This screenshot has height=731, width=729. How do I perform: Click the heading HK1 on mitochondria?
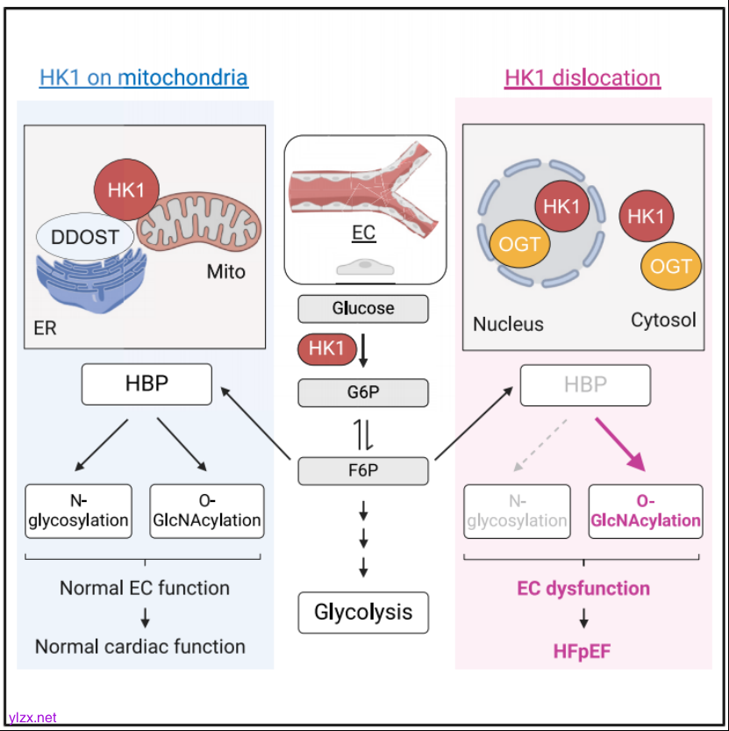(x=144, y=78)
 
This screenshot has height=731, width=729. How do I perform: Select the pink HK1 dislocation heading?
(x=582, y=78)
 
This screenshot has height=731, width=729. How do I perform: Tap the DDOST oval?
(x=84, y=237)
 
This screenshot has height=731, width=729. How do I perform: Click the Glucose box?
(x=363, y=309)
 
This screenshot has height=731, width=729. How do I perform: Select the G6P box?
(x=363, y=391)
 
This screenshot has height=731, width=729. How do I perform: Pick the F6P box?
(x=363, y=471)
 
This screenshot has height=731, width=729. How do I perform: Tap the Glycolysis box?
(x=363, y=612)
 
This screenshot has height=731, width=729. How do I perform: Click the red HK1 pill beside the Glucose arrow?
(x=327, y=349)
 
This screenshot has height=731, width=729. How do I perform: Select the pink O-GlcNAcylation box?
(x=646, y=511)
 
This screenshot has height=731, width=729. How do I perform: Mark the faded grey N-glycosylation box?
(x=517, y=511)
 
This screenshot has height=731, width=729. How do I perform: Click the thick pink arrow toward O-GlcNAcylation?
(x=622, y=445)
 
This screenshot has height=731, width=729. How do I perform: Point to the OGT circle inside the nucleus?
(x=519, y=245)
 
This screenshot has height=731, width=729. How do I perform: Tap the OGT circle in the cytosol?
(x=671, y=266)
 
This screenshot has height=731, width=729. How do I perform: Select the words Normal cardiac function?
(x=140, y=647)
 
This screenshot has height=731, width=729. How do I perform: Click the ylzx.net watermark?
(x=32, y=717)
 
